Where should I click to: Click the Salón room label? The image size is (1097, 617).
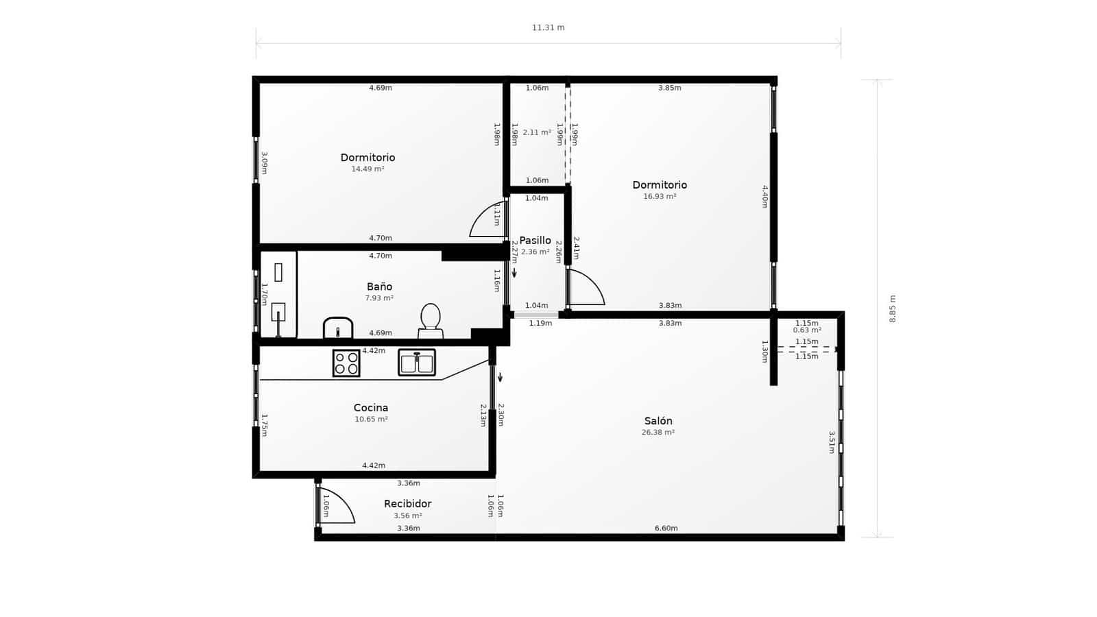(x=658, y=421)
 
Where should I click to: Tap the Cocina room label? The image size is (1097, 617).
(x=371, y=408)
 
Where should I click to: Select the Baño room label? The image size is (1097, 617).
(x=379, y=287)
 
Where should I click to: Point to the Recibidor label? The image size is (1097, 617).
(x=407, y=504)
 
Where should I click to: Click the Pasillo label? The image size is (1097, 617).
(x=535, y=241)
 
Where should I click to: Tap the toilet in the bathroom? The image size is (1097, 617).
(x=431, y=320)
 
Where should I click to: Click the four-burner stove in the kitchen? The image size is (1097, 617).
(x=346, y=363)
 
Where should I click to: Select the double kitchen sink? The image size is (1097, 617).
(x=417, y=363)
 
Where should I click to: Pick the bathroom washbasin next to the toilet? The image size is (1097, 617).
(x=338, y=328)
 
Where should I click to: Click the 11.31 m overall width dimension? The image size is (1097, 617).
(x=548, y=28)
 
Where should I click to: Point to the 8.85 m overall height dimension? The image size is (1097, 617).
(x=893, y=309)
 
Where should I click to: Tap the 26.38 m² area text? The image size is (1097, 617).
(x=658, y=433)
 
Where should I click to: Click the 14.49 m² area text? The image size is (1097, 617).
(x=367, y=169)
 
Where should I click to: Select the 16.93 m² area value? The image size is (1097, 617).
(x=660, y=197)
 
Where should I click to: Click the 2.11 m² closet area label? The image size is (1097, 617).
(x=537, y=132)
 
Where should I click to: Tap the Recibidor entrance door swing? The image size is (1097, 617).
(x=336, y=507)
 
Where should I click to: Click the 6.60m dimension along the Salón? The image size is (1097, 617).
(x=666, y=529)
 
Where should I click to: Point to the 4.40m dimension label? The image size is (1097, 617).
(x=765, y=196)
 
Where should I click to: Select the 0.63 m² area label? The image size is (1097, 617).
(x=807, y=330)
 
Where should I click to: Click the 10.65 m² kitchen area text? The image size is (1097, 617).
(x=371, y=419)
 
